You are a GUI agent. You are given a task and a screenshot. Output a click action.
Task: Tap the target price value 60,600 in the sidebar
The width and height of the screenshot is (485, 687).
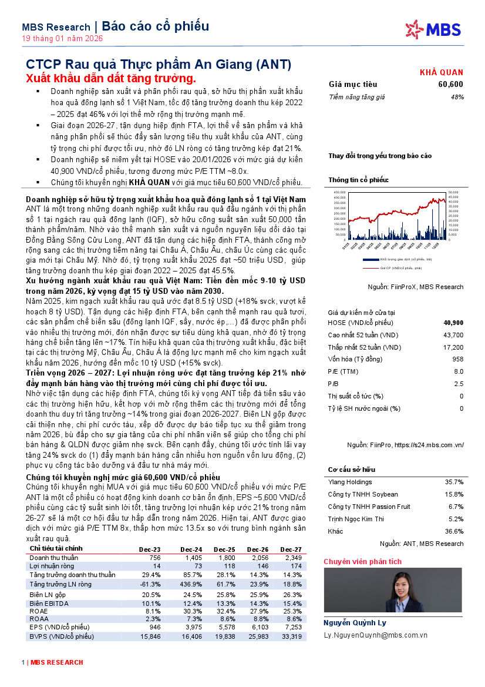450,85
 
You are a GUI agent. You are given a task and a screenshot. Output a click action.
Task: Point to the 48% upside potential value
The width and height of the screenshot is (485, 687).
457,96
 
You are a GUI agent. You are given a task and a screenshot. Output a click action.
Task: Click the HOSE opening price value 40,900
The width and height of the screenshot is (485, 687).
453,323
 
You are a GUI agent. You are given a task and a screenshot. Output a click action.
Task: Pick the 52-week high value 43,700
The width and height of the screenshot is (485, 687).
454,335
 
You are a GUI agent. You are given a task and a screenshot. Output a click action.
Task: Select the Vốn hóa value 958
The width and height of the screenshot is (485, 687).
458,359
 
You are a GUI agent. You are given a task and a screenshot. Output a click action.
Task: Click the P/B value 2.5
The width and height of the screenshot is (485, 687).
459,384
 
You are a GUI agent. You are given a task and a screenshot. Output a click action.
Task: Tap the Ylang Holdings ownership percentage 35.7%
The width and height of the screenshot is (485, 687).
454,482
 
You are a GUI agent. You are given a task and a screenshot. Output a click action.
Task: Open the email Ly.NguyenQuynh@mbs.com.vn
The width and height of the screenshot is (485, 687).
375,635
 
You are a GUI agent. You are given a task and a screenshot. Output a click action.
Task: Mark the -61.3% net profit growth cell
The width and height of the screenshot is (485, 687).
150,584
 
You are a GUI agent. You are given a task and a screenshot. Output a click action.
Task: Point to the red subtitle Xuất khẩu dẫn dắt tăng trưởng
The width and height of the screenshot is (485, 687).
111,78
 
